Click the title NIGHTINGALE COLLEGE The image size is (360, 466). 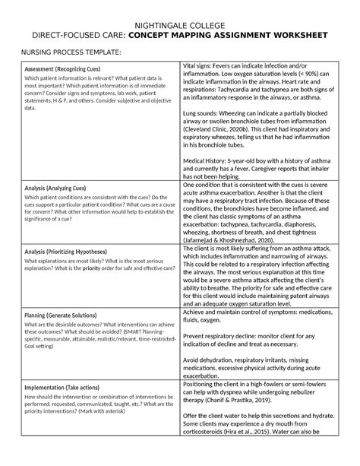pos(180,22)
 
